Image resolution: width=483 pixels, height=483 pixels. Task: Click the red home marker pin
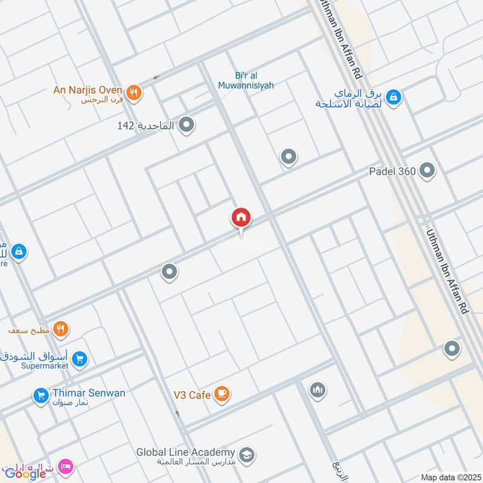[x=241, y=218]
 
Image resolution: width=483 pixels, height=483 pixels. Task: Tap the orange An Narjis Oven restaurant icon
[x=134, y=92]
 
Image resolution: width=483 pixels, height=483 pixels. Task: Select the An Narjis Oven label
[x=88, y=90]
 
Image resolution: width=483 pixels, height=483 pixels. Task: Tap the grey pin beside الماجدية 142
[x=188, y=126]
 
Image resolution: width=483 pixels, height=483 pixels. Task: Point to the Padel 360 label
[x=392, y=171]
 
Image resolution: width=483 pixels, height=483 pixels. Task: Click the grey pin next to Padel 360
[x=427, y=171]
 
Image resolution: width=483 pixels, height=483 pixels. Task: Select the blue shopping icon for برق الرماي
[x=393, y=97]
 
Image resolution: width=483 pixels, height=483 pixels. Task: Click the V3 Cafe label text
[x=191, y=395]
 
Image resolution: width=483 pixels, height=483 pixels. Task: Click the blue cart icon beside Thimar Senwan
[x=41, y=396]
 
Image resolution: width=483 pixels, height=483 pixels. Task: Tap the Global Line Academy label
[x=185, y=452]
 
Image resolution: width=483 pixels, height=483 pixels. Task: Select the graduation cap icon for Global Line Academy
[x=246, y=454]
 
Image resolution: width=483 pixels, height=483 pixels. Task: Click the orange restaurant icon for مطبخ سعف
[x=60, y=329]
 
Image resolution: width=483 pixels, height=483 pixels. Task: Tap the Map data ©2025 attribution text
[x=449, y=477]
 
